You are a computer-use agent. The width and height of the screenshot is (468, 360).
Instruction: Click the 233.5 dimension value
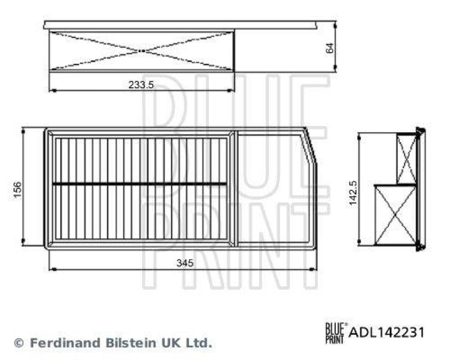coord(141,84)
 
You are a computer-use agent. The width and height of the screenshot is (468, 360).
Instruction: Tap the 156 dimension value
coord(18,189)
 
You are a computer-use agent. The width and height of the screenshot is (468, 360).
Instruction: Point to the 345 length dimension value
coord(185,263)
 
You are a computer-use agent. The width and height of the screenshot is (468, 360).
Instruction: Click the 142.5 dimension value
coord(352,189)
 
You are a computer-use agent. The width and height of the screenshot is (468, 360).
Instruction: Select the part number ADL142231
coord(387,332)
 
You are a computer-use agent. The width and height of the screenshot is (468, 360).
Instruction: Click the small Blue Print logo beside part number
coord(336,332)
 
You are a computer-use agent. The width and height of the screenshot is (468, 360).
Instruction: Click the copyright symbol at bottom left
coord(19,342)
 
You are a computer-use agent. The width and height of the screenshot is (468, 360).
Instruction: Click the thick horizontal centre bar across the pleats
coord(140,184)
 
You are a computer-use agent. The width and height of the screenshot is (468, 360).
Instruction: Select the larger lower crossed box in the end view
coord(395,214)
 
